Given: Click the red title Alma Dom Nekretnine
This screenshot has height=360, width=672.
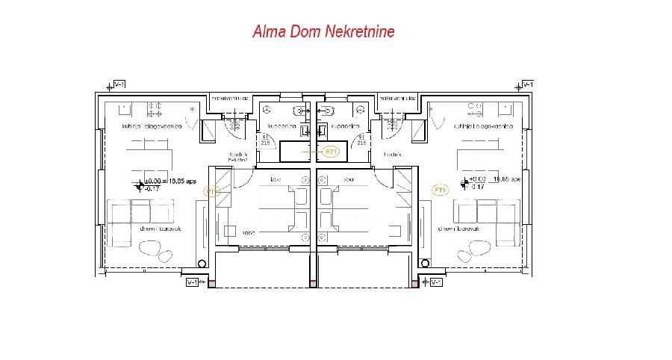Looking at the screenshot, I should tap(323, 32).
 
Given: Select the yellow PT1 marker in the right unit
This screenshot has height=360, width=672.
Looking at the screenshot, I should tap(440, 190).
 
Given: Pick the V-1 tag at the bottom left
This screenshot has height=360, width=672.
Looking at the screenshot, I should tap(193, 282).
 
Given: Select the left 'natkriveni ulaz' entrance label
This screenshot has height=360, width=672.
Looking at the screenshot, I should tap(230, 98).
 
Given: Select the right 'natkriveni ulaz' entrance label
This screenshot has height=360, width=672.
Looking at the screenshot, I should tap(396, 98).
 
